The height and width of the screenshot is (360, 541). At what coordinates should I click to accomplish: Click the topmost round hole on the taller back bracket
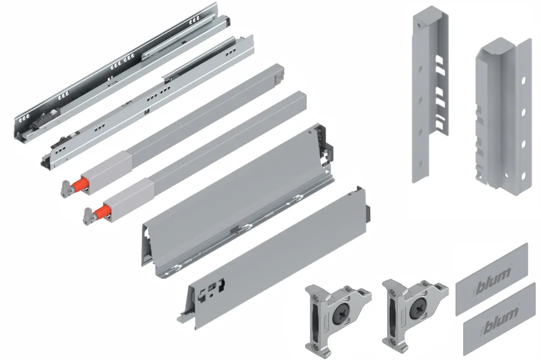(x=419, y=25)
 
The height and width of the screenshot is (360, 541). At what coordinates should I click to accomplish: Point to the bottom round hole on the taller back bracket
(x=420, y=163)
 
